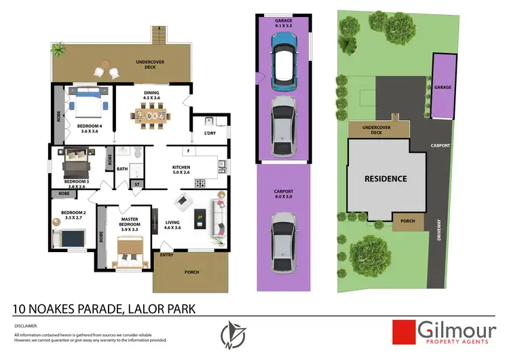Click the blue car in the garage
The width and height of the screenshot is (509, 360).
click(x=284, y=61)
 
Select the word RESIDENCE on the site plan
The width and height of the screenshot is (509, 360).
click(x=385, y=179)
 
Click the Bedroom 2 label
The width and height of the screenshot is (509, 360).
click(x=71, y=215)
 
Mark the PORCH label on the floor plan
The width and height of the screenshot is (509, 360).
click(x=192, y=272)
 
